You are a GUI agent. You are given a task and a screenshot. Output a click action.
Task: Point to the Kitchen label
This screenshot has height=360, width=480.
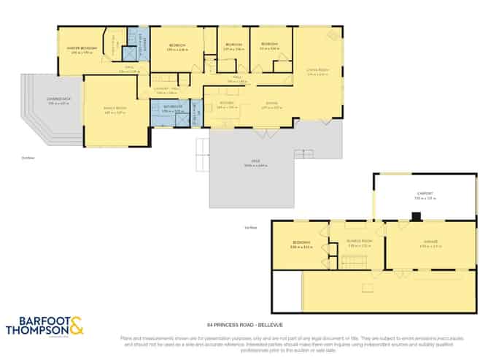226,104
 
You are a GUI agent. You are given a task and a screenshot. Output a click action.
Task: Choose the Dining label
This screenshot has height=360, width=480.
271,104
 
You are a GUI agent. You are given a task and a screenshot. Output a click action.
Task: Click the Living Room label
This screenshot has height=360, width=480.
317,70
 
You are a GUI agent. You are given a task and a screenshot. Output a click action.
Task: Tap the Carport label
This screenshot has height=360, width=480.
424,194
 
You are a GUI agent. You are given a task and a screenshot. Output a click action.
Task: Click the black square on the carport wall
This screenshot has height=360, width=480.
416,216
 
